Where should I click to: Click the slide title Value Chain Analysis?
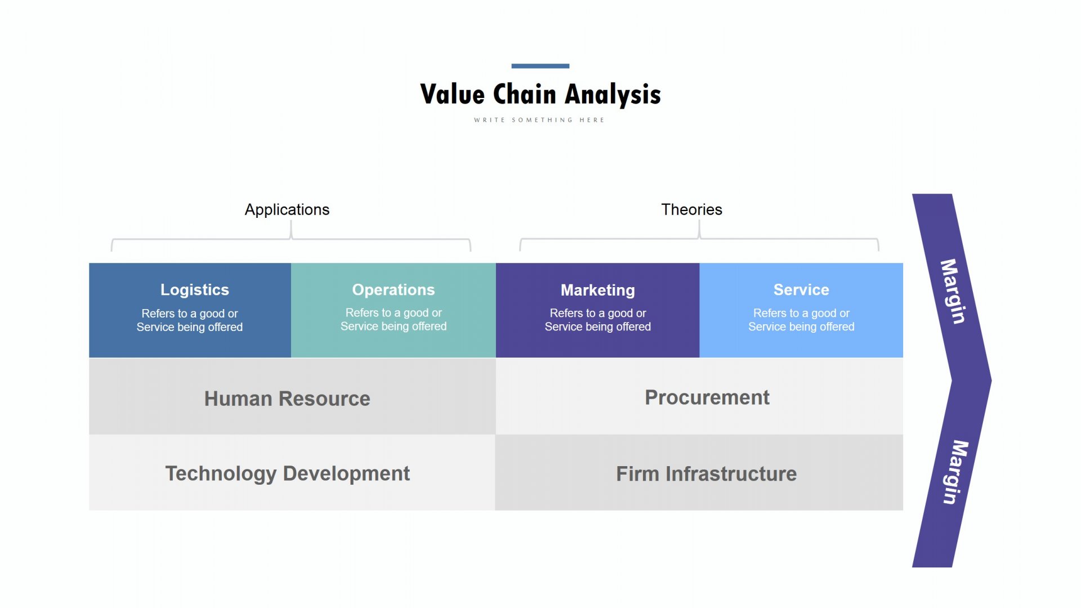tap(540, 95)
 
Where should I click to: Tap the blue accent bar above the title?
tap(540, 66)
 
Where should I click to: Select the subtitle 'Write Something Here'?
tap(539, 120)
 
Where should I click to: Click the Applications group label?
tap(287, 210)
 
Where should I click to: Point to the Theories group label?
tap(691, 209)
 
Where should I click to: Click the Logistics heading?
tap(195, 290)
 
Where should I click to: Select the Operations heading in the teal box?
tap(394, 290)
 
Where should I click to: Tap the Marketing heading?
tap(598, 290)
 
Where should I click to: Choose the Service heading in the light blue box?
tap(801, 290)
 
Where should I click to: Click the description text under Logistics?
tap(190, 320)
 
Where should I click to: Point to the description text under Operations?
tap(394, 320)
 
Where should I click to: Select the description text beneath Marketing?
tap(598, 320)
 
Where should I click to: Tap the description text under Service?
tap(801, 320)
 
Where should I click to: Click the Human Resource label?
tap(287, 399)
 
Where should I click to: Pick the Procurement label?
tap(707, 397)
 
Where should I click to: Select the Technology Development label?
tap(287, 474)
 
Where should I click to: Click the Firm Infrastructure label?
tap(707, 474)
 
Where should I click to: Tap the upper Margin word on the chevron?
tap(953, 292)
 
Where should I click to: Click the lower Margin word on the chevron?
tap(955, 472)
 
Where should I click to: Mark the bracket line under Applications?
tap(291, 239)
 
